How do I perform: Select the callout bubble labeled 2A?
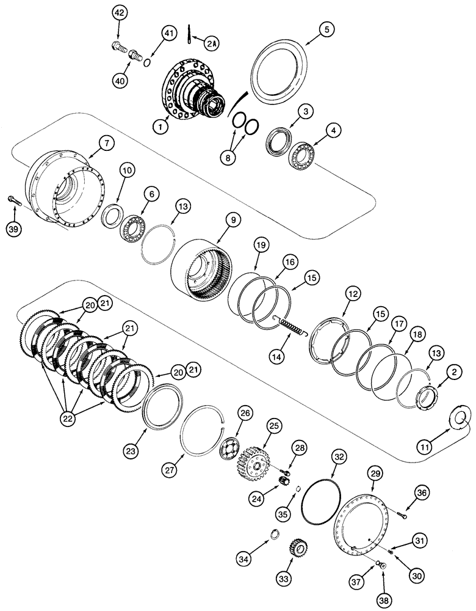211,43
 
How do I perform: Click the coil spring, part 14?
290,324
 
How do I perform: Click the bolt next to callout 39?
14,199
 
